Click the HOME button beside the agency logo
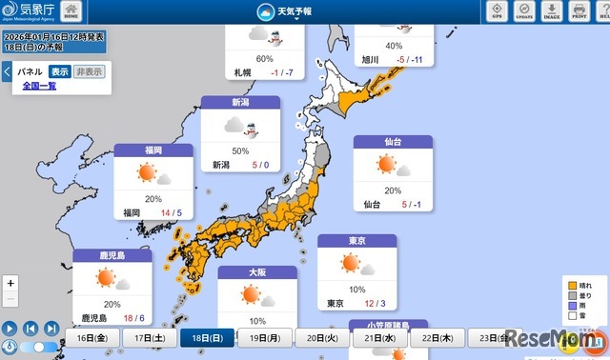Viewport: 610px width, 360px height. point(71,11)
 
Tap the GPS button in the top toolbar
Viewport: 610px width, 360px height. point(497,10)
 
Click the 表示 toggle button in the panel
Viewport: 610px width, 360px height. point(59,71)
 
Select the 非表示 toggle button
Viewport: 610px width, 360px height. point(90,71)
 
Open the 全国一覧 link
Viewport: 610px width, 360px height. point(39,86)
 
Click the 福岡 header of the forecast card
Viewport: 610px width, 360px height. point(153,150)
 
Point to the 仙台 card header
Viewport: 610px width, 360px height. point(393,141)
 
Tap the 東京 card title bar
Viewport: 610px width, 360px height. point(356,241)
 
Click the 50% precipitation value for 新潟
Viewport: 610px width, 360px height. point(240,150)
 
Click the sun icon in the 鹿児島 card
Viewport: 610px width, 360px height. point(105,278)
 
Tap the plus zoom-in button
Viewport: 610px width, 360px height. point(10,283)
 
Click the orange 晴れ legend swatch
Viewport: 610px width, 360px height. point(572,285)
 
